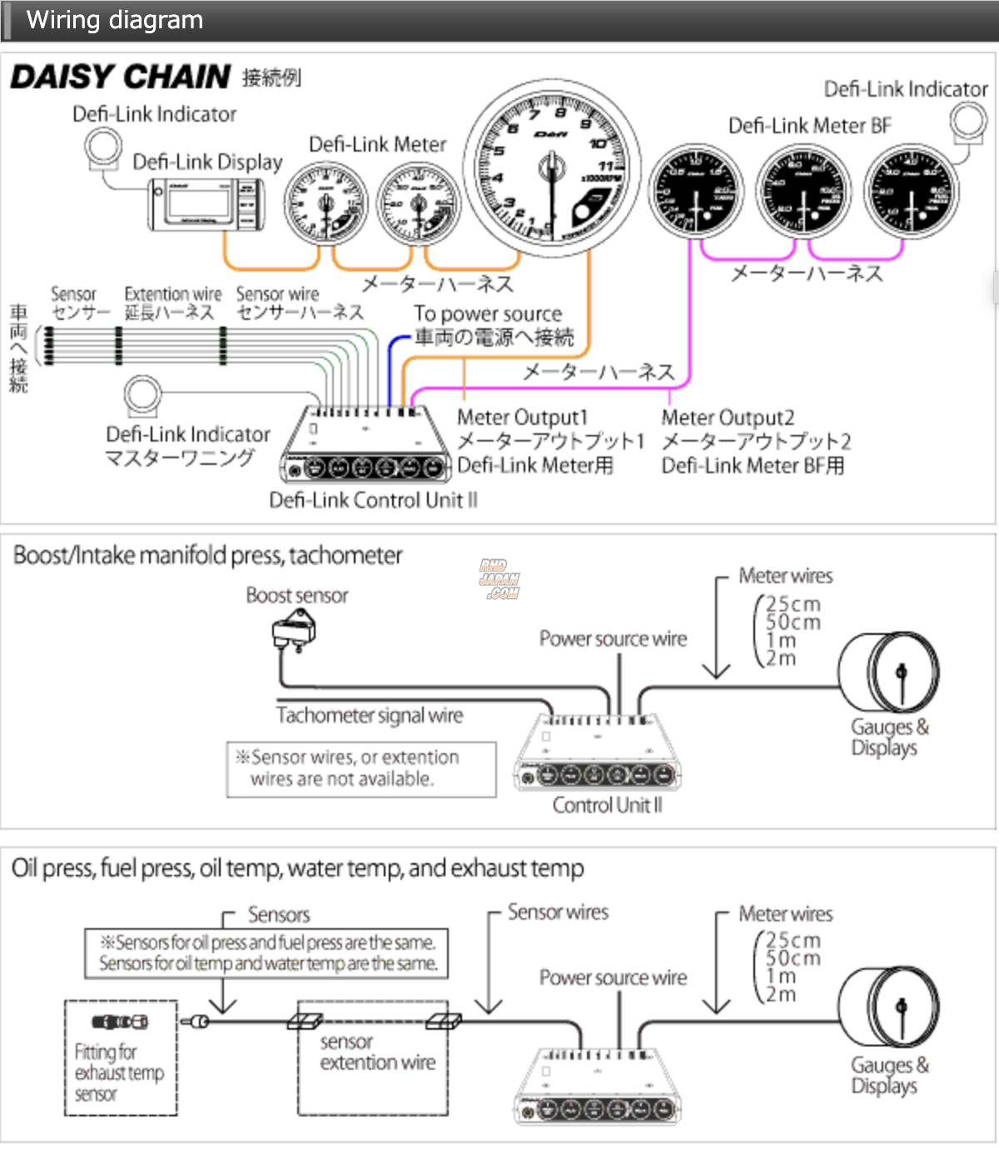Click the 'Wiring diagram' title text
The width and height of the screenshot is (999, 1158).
pos(115,20)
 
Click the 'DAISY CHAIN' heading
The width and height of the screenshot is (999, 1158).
pos(121,77)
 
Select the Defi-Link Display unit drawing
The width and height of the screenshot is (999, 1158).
pos(207,203)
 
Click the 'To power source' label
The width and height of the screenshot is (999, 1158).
pos(488,314)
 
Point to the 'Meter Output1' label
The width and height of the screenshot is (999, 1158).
pos(523,417)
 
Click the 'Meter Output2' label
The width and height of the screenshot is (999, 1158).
pos(728,417)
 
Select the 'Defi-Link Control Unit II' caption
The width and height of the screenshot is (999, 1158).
pos(373,500)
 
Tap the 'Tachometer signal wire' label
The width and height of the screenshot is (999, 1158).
pos(370,716)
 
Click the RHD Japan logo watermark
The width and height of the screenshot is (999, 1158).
pos(499,579)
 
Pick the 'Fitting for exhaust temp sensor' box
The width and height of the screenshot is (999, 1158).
pos(121,1058)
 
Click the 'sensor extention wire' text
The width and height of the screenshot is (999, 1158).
pos(377,1052)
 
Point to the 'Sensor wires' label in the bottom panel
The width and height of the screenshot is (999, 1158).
pos(558,912)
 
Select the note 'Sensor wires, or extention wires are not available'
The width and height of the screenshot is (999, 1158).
pos(361,769)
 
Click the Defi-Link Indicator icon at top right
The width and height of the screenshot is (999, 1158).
pos(969,122)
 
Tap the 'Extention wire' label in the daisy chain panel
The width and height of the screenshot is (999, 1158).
pos(173,294)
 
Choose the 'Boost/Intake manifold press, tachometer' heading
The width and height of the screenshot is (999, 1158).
pos(208,556)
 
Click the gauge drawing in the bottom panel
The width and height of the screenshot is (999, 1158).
pos(889,1009)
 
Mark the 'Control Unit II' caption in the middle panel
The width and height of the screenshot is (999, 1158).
pos(608,806)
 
